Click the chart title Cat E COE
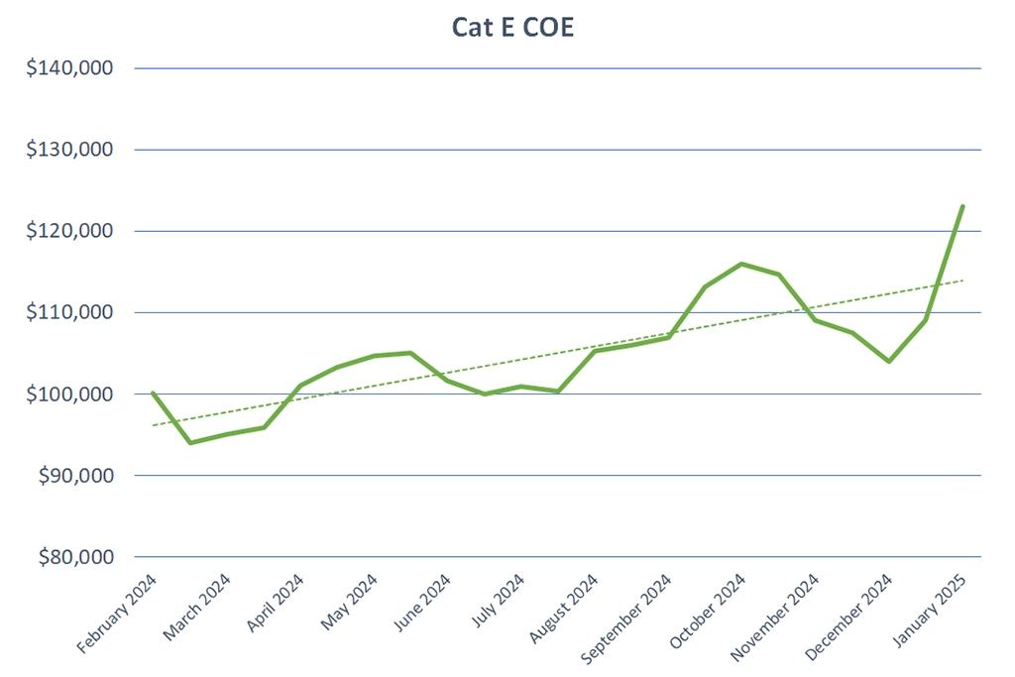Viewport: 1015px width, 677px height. (x=513, y=27)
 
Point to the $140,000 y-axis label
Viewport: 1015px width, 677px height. (x=75, y=68)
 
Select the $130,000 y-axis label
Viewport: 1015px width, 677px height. (x=75, y=150)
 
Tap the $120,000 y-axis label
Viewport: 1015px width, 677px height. (x=75, y=231)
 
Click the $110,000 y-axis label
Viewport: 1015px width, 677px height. (x=75, y=312)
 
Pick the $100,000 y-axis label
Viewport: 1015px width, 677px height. (x=75, y=394)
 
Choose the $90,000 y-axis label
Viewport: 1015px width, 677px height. (x=79, y=475)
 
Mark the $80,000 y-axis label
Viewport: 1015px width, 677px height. (x=79, y=557)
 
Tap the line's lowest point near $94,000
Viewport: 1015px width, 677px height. (x=189, y=442)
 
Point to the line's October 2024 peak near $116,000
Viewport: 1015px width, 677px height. (x=741, y=264)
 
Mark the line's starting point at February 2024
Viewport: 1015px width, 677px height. (x=153, y=393)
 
